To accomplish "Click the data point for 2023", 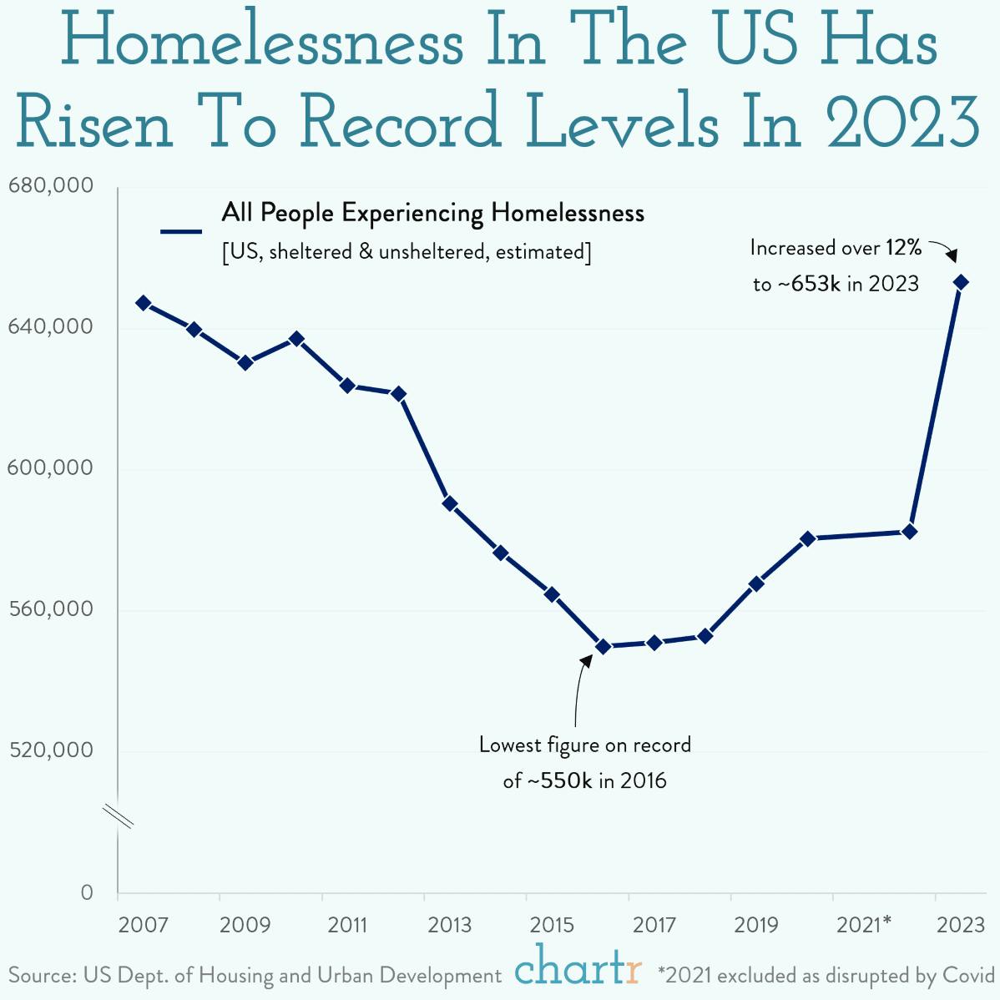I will (x=961, y=282).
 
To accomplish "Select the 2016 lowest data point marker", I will (x=603, y=646).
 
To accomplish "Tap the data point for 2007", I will (x=143, y=303).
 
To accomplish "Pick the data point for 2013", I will (x=450, y=503).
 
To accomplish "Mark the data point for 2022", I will (x=910, y=532).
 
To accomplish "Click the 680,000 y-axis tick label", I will (x=50, y=185).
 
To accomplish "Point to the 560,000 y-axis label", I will (x=50, y=609).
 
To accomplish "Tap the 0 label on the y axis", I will (x=87, y=892).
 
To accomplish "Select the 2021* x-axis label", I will (x=864, y=925).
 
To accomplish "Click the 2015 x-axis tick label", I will (x=552, y=925).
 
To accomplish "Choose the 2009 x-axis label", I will (x=245, y=925).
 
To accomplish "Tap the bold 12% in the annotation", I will (x=904, y=247).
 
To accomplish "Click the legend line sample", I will (x=181, y=231).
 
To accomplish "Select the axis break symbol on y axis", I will (x=119, y=816).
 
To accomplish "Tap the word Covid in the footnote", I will (x=968, y=975).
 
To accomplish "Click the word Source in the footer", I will (x=39, y=975).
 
